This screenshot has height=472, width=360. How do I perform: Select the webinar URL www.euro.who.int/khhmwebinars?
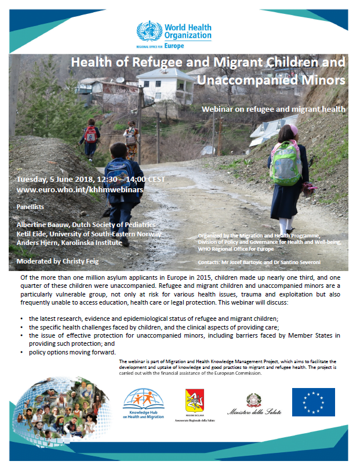pyautogui.click(x=80, y=189)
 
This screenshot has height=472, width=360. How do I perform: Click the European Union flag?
pyautogui.click(x=313, y=402)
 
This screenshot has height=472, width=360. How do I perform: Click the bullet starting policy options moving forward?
pyautogui.click(x=72, y=353)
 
